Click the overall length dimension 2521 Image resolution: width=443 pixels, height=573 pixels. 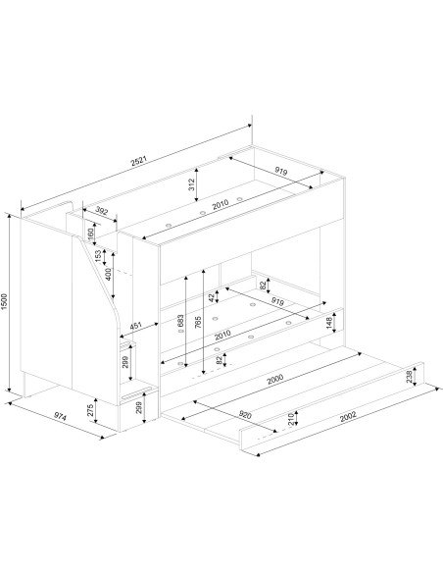coord(139,161)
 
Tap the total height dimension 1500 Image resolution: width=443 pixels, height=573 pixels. coord(4,301)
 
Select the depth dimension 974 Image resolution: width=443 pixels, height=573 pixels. coord(60,416)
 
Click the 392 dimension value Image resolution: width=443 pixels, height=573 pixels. coord(102,211)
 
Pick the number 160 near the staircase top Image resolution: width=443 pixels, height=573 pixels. coord(91,232)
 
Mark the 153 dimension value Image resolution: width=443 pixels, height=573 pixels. coord(99,255)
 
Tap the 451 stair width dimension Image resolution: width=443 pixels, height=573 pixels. coord(136,327)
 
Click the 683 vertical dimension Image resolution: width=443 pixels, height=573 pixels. coord(181,322)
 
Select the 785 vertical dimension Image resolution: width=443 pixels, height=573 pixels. coord(199,322)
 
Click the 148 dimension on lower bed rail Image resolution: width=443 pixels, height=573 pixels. coord(329,324)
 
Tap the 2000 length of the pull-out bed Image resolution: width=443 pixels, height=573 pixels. coord(275,380)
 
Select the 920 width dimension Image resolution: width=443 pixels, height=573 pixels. coord(246,415)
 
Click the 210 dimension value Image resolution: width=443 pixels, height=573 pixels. coord(291,420)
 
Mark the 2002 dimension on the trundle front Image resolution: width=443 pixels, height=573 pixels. coord(348,417)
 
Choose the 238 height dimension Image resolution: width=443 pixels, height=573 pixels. coord(409,377)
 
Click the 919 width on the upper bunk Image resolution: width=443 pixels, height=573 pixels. coord(281,171)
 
